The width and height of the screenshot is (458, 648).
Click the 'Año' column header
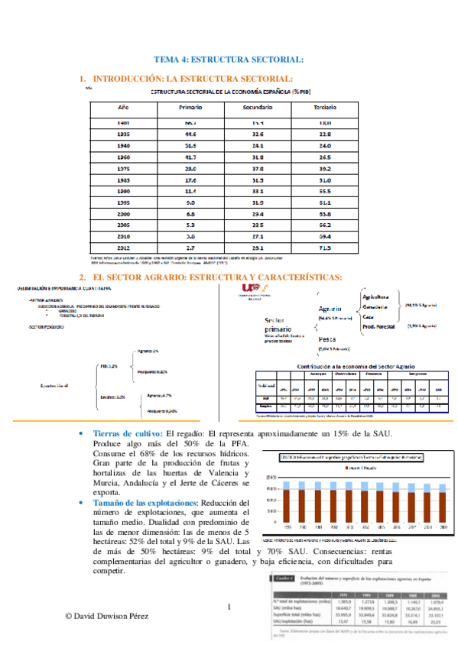[x=122, y=108]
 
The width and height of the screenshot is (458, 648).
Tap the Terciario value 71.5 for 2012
[x=325, y=248]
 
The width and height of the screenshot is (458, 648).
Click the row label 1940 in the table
[x=122, y=144]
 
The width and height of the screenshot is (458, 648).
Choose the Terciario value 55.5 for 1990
[x=325, y=190]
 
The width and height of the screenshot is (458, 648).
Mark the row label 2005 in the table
[x=122, y=225]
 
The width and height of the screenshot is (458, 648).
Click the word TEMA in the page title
[x=167, y=59]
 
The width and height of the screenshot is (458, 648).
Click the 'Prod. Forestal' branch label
[x=378, y=325]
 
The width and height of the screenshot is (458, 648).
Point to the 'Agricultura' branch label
[x=378, y=296]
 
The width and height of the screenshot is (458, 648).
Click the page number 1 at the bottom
[x=229, y=607]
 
